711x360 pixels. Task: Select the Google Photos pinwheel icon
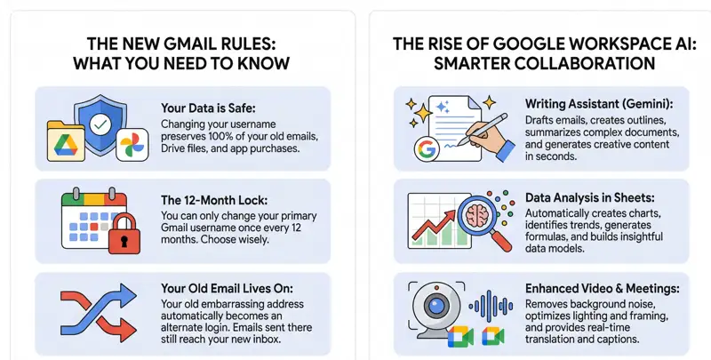point(131,144)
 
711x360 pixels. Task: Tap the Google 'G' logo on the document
point(427,148)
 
